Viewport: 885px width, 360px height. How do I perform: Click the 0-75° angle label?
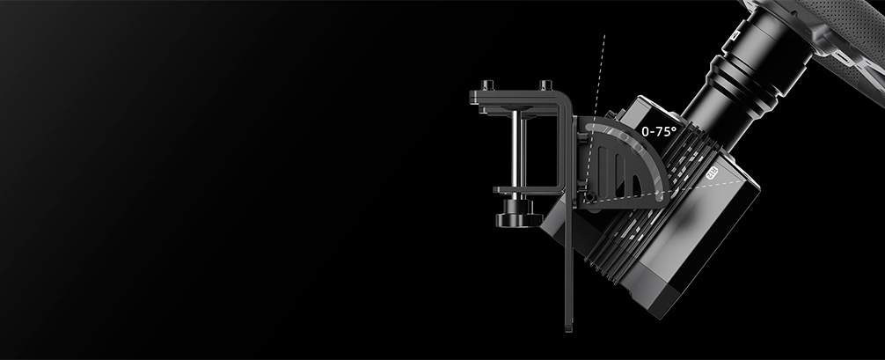click(x=659, y=132)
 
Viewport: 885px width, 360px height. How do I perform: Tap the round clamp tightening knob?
click(x=519, y=217)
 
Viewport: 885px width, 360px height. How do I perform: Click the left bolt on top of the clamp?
click(x=488, y=85)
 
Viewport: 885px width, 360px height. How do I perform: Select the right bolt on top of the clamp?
click(x=545, y=85)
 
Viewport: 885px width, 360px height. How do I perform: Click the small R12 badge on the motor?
click(x=712, y=172)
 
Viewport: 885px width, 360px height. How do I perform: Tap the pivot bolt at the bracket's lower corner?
click(x=589, y=196)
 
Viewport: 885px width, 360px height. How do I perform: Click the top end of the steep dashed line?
click(x=604, y=35)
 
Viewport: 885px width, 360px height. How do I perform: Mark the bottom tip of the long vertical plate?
click(x=568, y=329)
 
